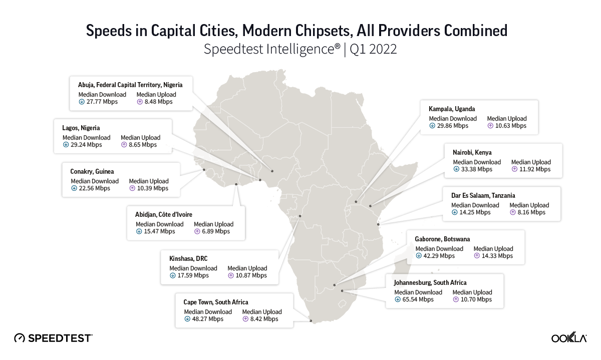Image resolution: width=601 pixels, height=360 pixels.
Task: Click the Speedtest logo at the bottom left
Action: click(x=53, y=338)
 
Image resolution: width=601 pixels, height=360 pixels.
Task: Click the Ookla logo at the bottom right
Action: click(x=569, y=338)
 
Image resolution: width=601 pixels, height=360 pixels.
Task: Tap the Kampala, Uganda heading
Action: click(x=452, y=109)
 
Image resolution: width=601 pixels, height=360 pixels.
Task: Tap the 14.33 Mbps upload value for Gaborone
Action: click(x=497, y=256)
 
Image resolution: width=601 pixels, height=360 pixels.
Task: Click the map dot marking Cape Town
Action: click(x=311, y=321)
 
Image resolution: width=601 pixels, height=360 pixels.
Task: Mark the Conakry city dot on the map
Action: click(x=204, y=170)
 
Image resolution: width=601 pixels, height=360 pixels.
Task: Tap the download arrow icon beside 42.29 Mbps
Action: click(x=418, y=256)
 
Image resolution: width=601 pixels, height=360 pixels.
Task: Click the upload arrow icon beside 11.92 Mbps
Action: click(x=514, y=169)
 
